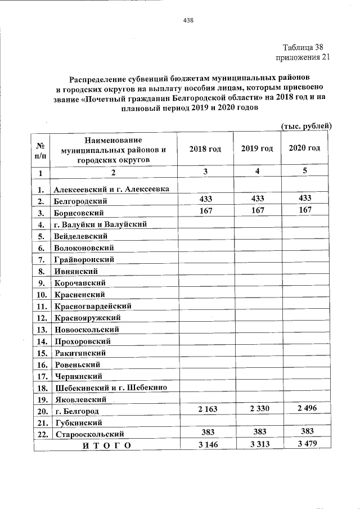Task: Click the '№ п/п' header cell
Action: click(x=41, y=148)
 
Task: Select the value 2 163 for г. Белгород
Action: click(x=205, y=410)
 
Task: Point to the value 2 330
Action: click(x=257, y=410)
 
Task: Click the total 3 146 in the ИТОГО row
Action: click(x=205, y=445)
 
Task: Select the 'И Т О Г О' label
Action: click(x=106, y=446)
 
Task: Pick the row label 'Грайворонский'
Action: click(x=84, y=259)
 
